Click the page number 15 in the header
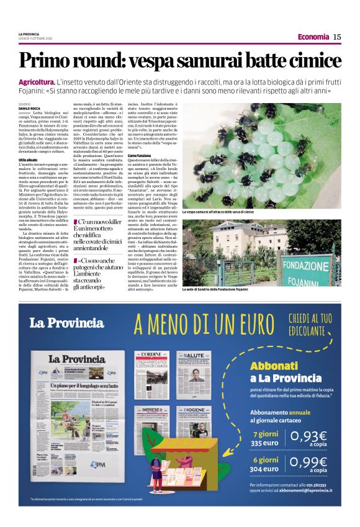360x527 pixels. pos(338,37)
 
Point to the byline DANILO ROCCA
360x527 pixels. pos(29,109)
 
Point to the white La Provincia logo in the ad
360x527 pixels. pos(66,322)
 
